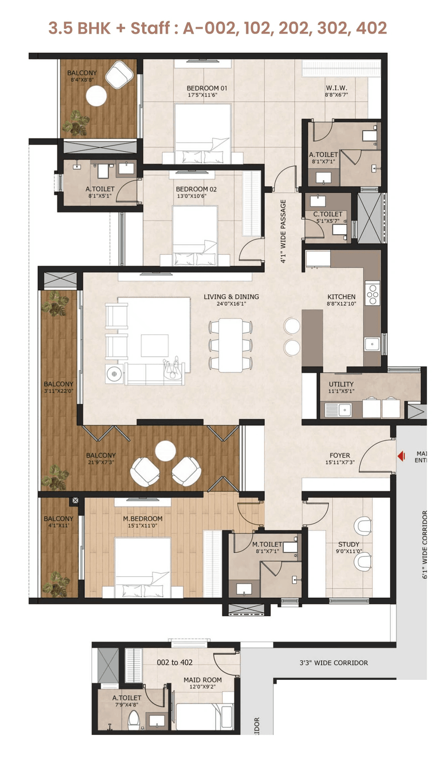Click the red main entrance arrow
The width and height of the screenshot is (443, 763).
click(x=401, y=456)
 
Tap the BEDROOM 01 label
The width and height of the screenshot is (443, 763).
click(x=207, y=88)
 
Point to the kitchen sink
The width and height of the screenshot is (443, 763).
click(x=372, y=344)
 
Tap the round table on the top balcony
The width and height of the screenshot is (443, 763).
click(x=96, y=96)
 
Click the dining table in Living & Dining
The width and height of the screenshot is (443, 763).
click(x=230, y=345)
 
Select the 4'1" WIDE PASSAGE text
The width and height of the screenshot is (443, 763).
click(x=283, y=231)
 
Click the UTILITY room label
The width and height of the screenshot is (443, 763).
click(x=341, y=384)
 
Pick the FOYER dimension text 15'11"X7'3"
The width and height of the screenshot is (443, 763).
click(x=340, y=462)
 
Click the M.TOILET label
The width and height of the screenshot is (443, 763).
click(x=267, y=544)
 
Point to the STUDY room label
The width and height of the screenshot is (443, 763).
click(x=349, y=544)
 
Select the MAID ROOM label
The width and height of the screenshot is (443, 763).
click(x=202, y=679)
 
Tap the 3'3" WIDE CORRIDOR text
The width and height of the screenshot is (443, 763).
click(x=334, y=663)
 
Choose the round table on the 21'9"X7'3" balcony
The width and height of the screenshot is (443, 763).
click(x=165, y=450)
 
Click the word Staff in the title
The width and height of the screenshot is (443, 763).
click(x=150, y=28)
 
